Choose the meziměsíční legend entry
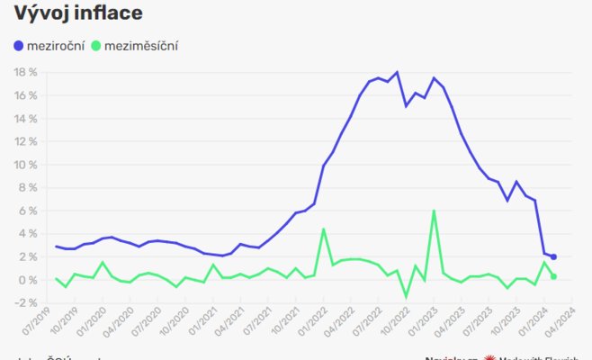(x=139, y=45)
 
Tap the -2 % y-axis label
(x=24, y=303)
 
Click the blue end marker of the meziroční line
(x=553, y=257)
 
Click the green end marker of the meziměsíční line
(x=553, y=276)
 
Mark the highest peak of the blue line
(x=397, y=72)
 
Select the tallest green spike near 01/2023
(x=434, y=211)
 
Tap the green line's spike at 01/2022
(x=324, y=229)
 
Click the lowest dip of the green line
(x=406, y=297)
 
